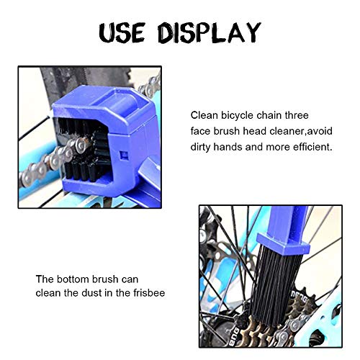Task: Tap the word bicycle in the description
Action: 241,114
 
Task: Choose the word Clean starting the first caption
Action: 204,114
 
